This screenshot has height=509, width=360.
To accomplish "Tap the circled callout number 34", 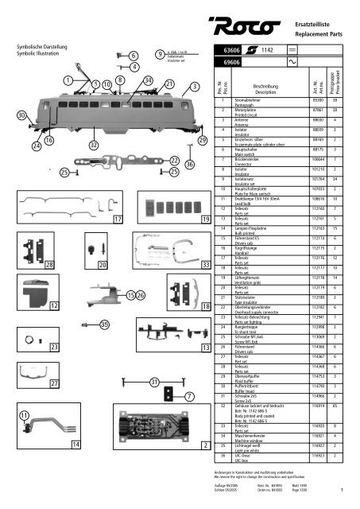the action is click(x=149, y=81).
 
